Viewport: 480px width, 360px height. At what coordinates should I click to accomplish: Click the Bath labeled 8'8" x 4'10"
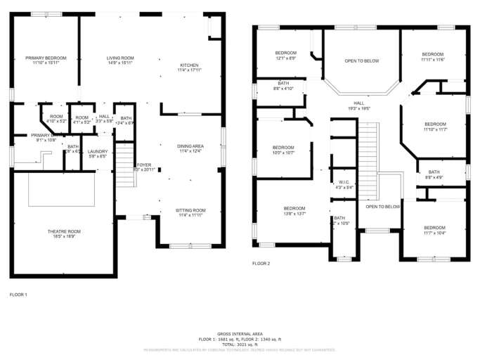(268, 86)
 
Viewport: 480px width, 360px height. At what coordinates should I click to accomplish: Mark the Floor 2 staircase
(368, 147)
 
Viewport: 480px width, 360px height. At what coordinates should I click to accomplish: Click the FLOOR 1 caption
(18, 294)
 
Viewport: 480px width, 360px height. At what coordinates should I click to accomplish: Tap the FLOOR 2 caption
(261, 263)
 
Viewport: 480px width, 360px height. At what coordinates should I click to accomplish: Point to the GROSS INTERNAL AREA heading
(240, 333)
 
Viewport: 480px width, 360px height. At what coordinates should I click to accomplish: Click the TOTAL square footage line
(240, 344)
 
